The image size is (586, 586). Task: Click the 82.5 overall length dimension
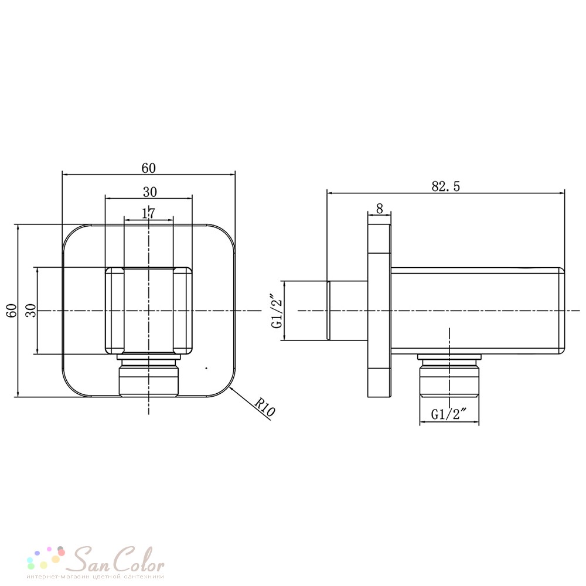(445, 186)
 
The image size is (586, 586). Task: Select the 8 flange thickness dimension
(380, 208)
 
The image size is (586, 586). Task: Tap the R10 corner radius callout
(265, 407)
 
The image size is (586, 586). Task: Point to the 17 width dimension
(148, 213)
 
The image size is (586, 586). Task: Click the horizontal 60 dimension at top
(148, 168)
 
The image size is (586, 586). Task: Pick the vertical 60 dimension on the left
(13, 311)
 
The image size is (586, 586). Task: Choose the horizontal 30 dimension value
(149, 192)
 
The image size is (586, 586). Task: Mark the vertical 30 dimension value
(32, 311)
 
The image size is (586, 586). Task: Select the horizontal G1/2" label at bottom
(449, 414)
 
